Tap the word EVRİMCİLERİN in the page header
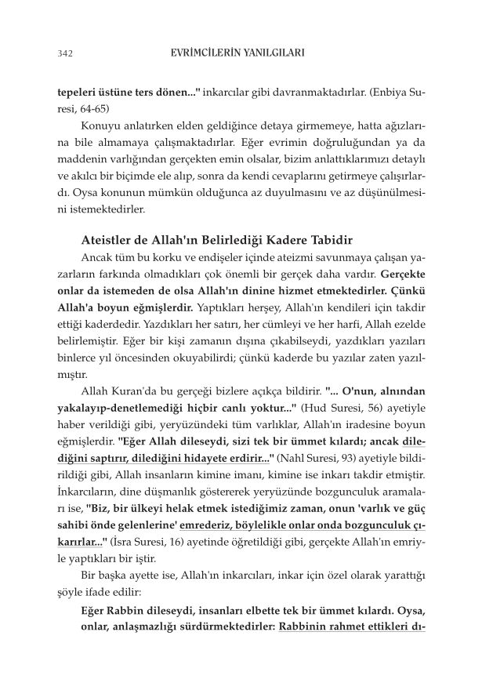pos(212,53)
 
